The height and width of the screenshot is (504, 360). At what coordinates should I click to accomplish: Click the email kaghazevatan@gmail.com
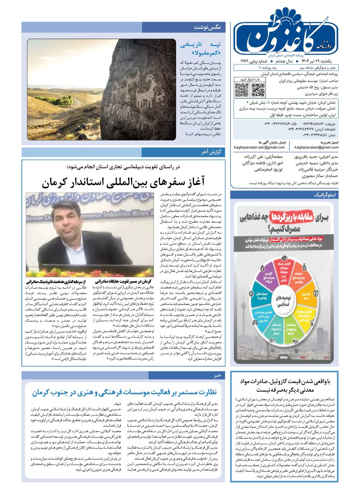point(316,147)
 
